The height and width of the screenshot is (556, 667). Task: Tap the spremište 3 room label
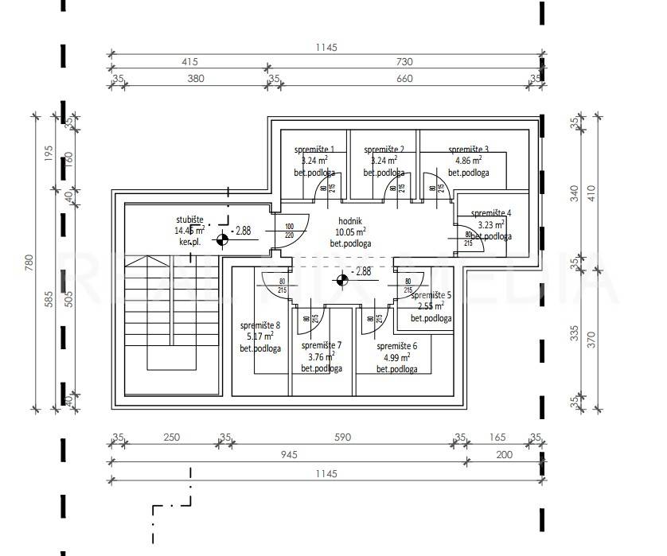[468, 149]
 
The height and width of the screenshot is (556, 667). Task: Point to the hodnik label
[350, 220]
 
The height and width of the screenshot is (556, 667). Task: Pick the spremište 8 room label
[260, 325]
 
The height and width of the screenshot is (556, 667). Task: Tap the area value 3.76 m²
[322, 357]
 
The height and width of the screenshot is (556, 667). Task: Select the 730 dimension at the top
[404, 61]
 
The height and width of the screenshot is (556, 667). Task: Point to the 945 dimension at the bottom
[288, 455]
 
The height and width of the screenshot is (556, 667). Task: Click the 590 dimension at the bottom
[342, 437]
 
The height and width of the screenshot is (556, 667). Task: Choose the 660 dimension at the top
[404, 78]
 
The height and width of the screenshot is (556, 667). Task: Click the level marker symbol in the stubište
[221, 232]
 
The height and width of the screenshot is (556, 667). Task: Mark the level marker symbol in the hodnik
[343, 278]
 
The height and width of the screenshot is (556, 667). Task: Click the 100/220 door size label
[289, 231]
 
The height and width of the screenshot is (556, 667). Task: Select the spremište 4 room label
[490, 213]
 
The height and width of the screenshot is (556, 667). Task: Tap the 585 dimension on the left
[48, 298]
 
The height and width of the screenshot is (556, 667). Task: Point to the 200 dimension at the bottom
[505, 455]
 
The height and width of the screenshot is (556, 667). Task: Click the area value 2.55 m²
[431, 306]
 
